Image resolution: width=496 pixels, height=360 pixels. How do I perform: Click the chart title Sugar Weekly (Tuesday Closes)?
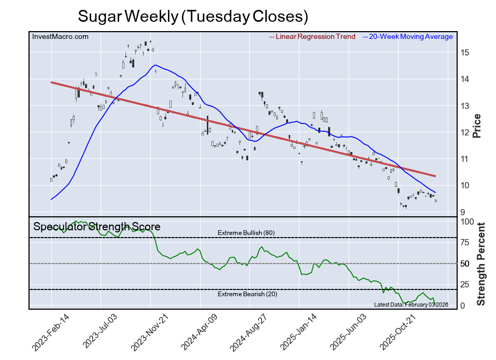point(193,16)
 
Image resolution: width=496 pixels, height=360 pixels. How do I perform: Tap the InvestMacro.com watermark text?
point(60,37)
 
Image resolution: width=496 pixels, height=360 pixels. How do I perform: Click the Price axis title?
point(477,125)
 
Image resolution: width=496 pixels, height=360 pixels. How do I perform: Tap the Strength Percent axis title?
point(480,264)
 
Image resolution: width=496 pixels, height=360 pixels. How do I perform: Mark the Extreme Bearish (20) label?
point(243,294)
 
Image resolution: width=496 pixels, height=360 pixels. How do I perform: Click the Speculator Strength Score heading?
point(97,227)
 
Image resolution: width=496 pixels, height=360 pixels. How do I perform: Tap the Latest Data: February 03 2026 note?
point(411,304)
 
